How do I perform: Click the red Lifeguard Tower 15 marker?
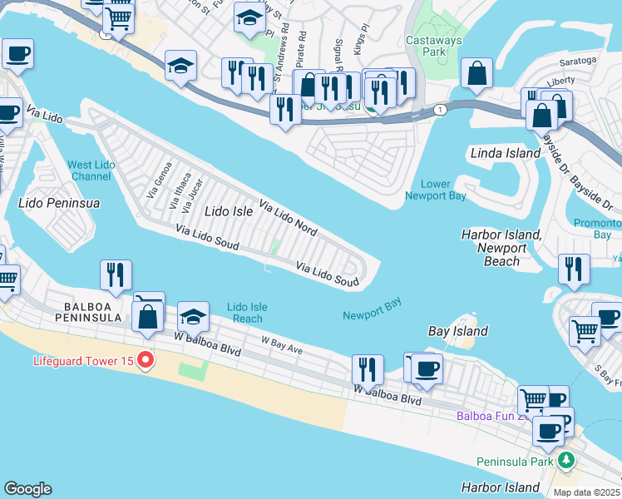click(146, 361)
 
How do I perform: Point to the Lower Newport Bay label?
click(435, 190)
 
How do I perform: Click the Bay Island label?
click(457, 331)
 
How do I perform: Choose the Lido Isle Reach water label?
click(247, 313)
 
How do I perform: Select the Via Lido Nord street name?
click(288, 215)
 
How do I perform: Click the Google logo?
click(27, 489)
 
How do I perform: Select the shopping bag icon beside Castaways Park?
click(477, 73)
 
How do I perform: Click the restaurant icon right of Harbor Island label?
click(574, 269)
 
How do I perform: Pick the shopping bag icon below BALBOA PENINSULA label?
click(148, 318)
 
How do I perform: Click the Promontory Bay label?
click(598, 230)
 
